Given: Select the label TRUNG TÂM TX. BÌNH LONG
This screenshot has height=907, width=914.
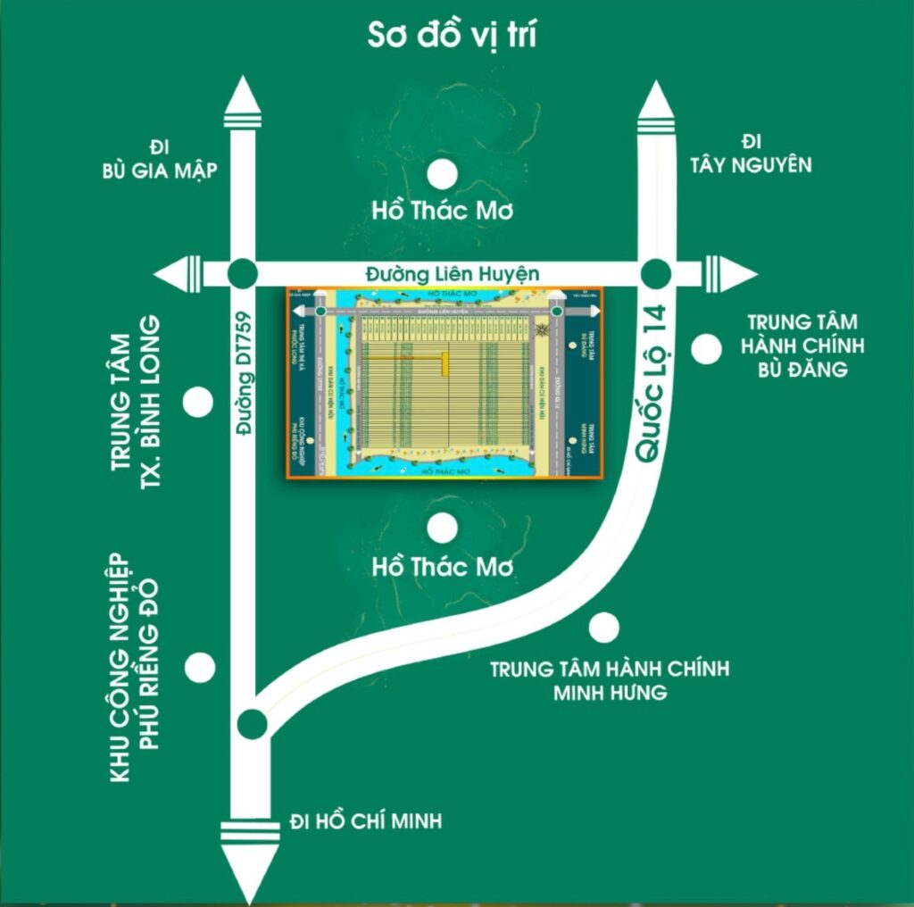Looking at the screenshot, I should point(141,398).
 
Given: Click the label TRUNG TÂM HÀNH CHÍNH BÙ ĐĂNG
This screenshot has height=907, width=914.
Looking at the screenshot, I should point(805,345).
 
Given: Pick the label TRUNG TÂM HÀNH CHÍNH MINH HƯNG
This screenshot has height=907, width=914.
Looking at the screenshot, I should point(610,679).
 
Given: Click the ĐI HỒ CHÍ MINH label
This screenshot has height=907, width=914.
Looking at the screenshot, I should point(366,820).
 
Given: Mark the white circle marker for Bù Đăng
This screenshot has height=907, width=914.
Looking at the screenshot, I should point(708,349).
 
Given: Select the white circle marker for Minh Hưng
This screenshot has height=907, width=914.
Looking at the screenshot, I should point(604,628).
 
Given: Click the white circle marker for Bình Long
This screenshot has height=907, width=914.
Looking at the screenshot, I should point(198,403).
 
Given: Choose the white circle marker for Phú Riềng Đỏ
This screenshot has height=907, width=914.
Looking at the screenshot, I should point(199,666).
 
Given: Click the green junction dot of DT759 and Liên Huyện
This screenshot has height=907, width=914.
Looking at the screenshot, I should point(243,273).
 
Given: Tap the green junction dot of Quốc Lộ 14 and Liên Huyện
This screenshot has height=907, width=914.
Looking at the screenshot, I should point(656,272).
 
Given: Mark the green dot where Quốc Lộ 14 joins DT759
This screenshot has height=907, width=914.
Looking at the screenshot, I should point(253,723).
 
